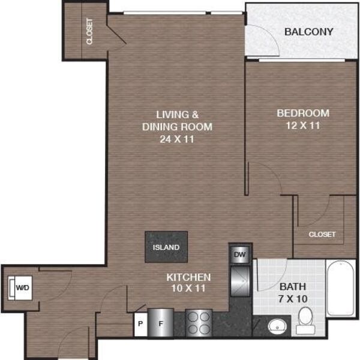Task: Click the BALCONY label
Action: coord(309,32)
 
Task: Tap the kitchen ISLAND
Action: coord(166,247)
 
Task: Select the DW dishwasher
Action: coord(239,254)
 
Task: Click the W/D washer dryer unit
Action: coord(20,287)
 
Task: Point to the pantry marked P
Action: coord(140,324)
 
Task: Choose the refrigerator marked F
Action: coord(160,323)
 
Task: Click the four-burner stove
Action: coord(199,323)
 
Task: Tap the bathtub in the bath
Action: coord(341,289)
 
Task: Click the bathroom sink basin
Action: coord(277,326)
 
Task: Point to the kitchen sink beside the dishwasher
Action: coord(240,281)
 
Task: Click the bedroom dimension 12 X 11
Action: coord(303,125)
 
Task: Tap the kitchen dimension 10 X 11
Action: coord(188,288)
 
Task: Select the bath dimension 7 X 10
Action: coord(293,299)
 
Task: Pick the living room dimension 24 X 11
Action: coord(177,139)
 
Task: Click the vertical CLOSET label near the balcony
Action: coord(89,31)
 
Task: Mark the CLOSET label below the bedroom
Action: coord(322,235)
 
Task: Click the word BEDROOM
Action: coord(303,113)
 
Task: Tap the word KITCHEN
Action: coord(188,277)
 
